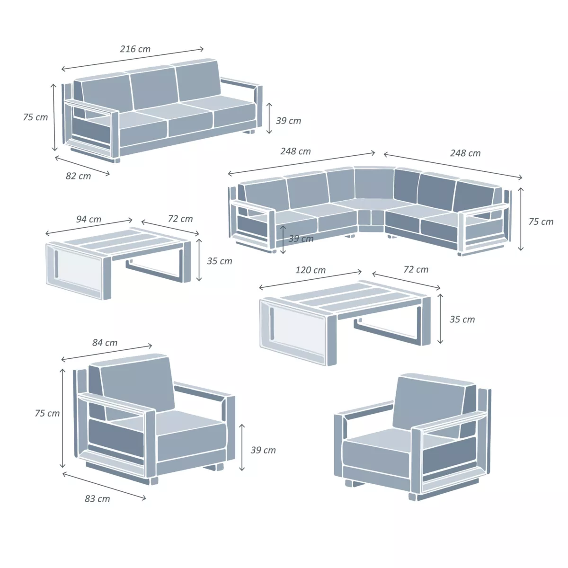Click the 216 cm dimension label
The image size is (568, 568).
pos(135,49)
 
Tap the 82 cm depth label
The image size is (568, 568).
pos(78,176)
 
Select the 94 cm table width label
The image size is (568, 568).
pos(89,219)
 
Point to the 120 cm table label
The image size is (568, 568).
pos(311,270)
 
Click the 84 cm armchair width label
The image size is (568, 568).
pos(105,343)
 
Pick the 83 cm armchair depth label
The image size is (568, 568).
pos(98,499)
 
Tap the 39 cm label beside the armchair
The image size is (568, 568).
pos(263,450)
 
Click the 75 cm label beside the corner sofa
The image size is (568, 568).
pos(541,222)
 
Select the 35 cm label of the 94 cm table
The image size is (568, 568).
pos(219,261)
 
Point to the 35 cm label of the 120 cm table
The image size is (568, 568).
pos(462,319)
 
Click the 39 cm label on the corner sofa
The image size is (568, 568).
pos(301,239)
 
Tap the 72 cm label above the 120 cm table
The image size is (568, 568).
pos(416,269)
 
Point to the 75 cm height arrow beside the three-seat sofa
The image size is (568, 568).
pos(54,117)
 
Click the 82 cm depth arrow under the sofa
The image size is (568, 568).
pos(82,165)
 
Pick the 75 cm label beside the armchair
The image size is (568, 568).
pos(47,413)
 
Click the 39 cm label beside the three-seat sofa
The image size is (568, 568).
pos(288,121)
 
